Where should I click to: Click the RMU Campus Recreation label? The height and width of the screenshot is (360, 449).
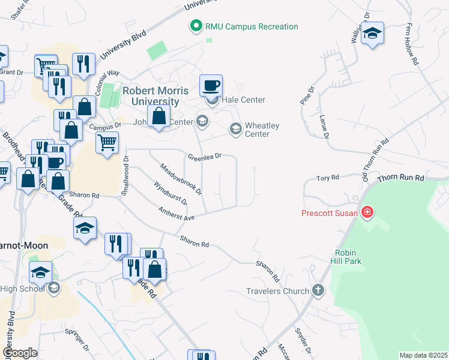pyautogui.click(x=252, y=26)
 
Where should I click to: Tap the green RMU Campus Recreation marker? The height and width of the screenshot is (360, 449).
pyautogui.click(x=195, y=26)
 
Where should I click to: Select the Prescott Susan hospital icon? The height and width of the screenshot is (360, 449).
pyautogui.click(x=367, y=212)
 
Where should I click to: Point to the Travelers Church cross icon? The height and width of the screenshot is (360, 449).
pyautogui.click(x=318, y=291)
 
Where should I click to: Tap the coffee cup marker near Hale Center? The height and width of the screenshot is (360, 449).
pyautogui.click(x=210, y=86)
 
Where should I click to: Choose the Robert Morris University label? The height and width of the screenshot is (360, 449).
pyautogui.click(x=155, y=96)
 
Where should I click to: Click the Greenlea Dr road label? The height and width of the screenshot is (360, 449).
pyautogui.click(x=205, y=156)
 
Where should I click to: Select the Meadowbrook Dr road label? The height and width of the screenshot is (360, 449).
pyautogui.click(x=181, y=179)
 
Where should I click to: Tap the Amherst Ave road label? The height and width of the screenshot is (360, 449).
pyautogui.click(x=177, y=213)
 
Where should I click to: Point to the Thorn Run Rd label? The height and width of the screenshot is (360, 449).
pyautogui.click(x=400, y=178)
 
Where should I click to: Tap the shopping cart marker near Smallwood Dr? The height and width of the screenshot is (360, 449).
pyautogui.click(x=107, y=143)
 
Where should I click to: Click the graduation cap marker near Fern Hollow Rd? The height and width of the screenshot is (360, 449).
pyautogui.click(x=372, y=34)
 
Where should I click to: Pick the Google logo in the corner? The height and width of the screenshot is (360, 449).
pyautogui.click(x=20, y=353)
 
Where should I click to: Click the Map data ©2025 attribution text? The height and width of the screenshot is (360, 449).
pyautogui.click(x=423, y=355)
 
